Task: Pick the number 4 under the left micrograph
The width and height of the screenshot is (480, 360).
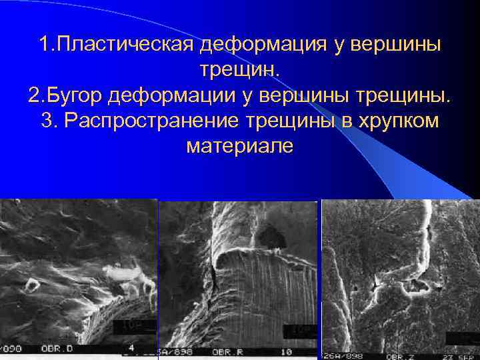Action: [x=131, y=348]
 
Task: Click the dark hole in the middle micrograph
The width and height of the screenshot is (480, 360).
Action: [x=270, y=235]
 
